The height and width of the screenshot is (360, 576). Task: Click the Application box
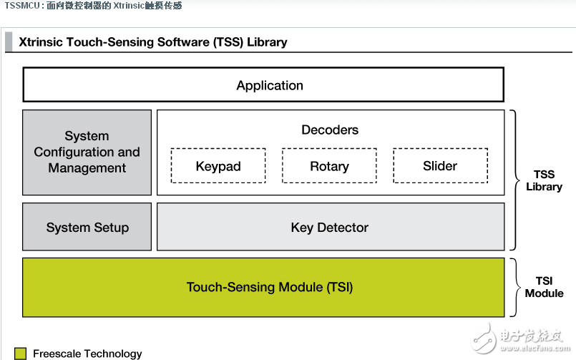click(x=263, y=84)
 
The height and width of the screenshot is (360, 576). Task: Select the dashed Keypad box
click(x=218, y=165)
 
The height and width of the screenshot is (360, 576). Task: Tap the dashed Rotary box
click(x=330, y=165)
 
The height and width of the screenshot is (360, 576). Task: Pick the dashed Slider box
click(x=441, y=165)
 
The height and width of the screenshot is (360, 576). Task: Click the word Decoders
click(x=330, y=130)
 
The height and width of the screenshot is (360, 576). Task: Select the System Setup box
click(x=87, y=227)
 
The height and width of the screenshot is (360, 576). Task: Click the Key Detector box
click(x=331, y=227)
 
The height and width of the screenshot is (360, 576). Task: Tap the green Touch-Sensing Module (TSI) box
click(x=263, y=287)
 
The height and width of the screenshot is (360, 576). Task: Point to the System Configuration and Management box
click(x=87, y=152)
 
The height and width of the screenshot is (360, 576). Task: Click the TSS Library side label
click(x=544, y=180)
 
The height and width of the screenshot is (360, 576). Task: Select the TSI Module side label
click(x=544, y=287)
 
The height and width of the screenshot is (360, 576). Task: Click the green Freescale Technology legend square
click(x=21, y=354)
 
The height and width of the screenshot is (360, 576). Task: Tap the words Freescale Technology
click(x=87, y=354)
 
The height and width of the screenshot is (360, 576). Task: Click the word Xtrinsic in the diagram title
click(x=41, y=42)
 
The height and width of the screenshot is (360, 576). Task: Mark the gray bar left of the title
click(x=9, y=42)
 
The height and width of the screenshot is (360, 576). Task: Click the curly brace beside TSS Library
click(x=514, y=180)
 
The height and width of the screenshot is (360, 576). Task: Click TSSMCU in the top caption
click(x=22, y=6)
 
